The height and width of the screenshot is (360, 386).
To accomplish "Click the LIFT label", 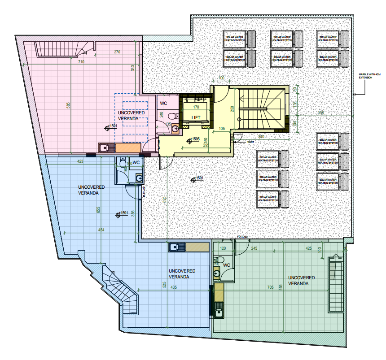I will pos(196,117).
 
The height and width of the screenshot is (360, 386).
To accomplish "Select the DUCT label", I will pos(250,142).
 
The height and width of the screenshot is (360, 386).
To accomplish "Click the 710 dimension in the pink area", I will pos(81,61).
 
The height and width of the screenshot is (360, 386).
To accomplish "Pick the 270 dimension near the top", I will pos(117,52).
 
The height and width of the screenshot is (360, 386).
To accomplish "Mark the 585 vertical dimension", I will pos(68,105).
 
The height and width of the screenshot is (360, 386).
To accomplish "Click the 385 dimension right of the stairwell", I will pos(320,113).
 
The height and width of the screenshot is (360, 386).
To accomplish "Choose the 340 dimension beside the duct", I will pos(261,136).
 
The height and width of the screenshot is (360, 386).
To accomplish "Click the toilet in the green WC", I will pos(219,260).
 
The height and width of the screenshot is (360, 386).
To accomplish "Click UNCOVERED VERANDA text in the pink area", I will pos(132,115).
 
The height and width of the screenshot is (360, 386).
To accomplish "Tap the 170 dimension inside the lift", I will pos(196,108).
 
